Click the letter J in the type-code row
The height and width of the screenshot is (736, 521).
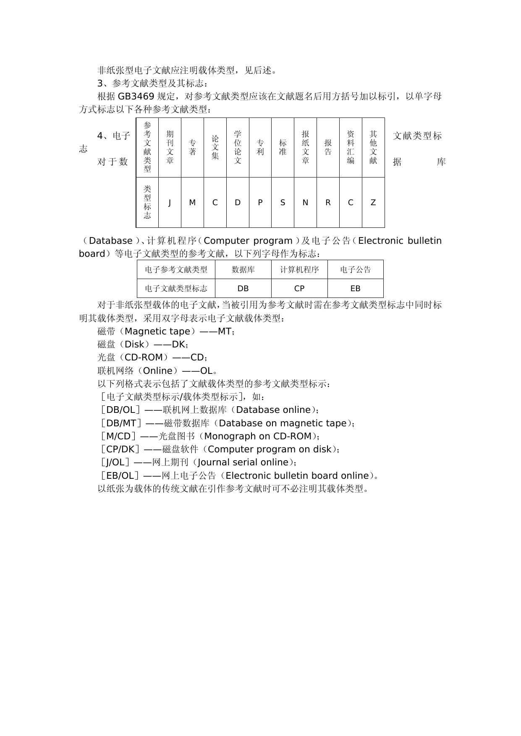170,203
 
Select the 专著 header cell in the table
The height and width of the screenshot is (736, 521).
192,147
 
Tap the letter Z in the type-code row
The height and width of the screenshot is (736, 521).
373,203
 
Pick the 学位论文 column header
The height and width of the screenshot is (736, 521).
238,147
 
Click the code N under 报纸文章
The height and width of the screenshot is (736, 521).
305,203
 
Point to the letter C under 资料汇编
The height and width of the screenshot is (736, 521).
351,203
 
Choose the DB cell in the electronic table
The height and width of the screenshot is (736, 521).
243,288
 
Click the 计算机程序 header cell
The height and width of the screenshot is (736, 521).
299,269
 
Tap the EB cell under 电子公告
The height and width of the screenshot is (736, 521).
355,288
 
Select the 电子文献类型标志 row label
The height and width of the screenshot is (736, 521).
176,288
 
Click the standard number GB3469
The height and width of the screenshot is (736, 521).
136,97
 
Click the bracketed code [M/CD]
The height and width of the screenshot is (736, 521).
118,436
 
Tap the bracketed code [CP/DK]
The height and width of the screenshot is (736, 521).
120,449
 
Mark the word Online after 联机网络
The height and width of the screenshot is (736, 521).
158,371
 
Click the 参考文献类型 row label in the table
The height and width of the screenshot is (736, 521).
147,147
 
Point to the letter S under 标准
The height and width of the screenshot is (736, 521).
283,203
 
